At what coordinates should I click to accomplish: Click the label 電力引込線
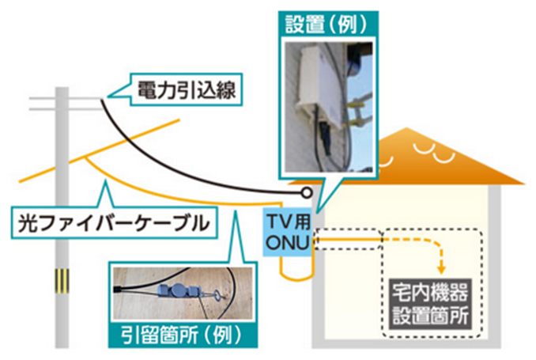pos(178,88)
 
